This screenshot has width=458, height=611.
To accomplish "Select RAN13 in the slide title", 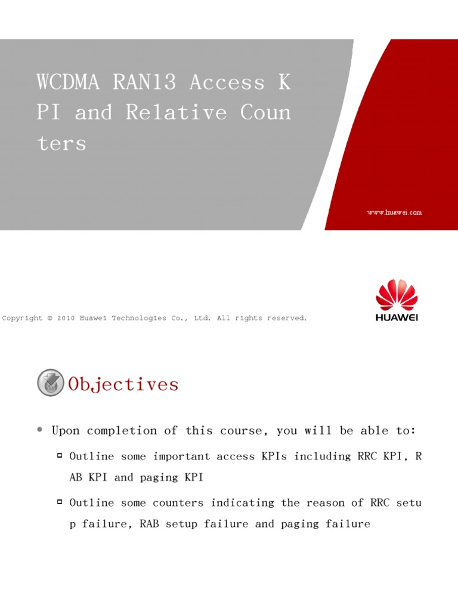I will tap(144, 82).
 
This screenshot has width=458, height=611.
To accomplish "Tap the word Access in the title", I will tap(227, 82).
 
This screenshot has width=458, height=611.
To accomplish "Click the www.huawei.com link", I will tap(394, 212).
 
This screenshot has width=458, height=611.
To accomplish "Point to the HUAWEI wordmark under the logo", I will tap(397, 317).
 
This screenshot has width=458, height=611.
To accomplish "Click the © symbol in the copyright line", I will tap(49, 319).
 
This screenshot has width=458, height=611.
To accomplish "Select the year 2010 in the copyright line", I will tap(66, 319).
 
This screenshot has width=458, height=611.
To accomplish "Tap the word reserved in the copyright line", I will tap(287, 319).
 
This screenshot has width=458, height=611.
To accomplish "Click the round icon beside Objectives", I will tap(51, 383).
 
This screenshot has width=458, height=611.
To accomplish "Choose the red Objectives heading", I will tap(123, 384).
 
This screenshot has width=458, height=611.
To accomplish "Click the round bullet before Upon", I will tap(39, 430).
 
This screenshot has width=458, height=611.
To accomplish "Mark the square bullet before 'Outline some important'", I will tap(60, 456).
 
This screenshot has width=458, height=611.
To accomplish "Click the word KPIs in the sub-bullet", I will tap(274, 456).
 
